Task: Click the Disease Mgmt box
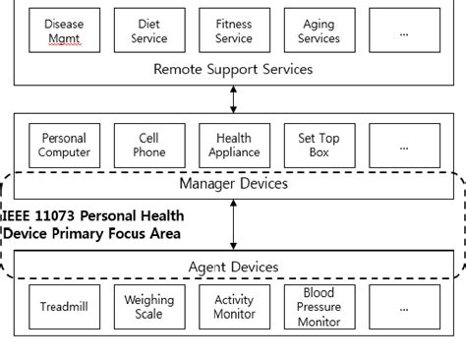coord(64,30)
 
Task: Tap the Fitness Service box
coord(233,30)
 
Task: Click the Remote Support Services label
coord(233,69)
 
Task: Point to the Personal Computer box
coord(64,145)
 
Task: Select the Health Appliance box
coord(233,145)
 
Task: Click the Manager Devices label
coord(233,183)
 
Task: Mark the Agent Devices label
coord(233,267)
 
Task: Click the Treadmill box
coord(64,306)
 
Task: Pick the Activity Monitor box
coord(233,306)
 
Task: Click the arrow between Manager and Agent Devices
coord(233,225)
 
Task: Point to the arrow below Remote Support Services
coord(233,98)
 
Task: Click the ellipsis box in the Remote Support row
coord(403,30)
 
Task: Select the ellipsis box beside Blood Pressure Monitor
coord(403,306)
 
